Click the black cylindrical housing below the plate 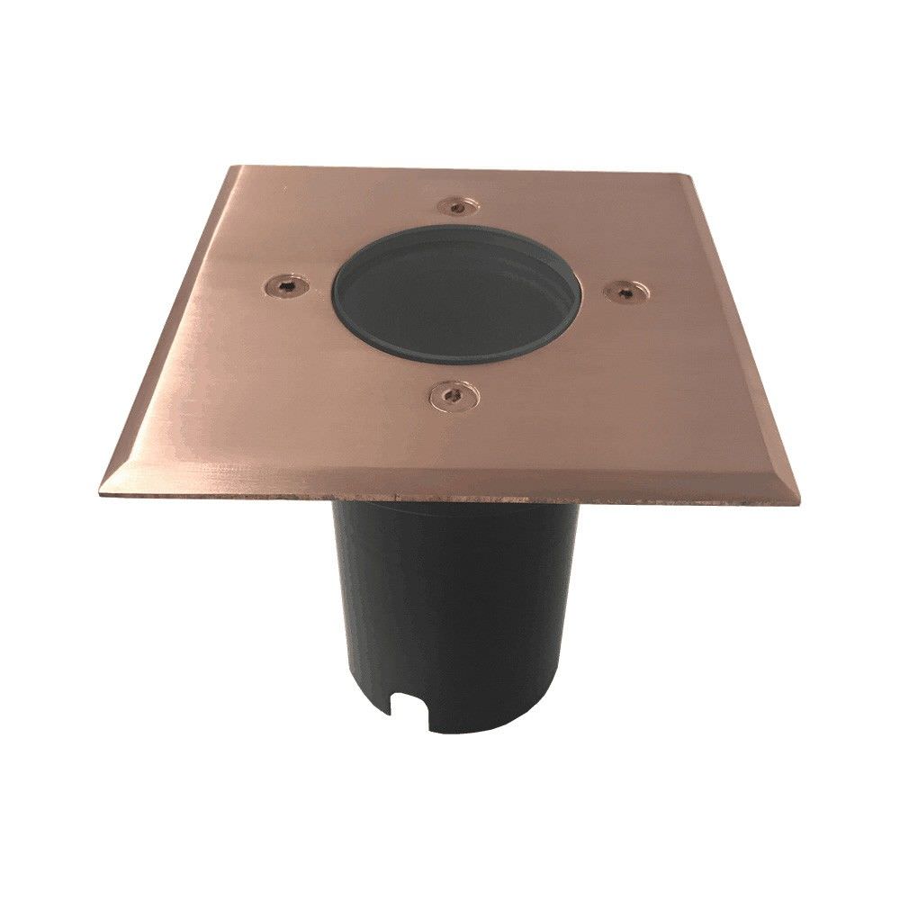click(x=450, y=612)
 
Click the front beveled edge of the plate click(x=450, y=485)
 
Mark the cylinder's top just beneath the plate click(x=450, y=513)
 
